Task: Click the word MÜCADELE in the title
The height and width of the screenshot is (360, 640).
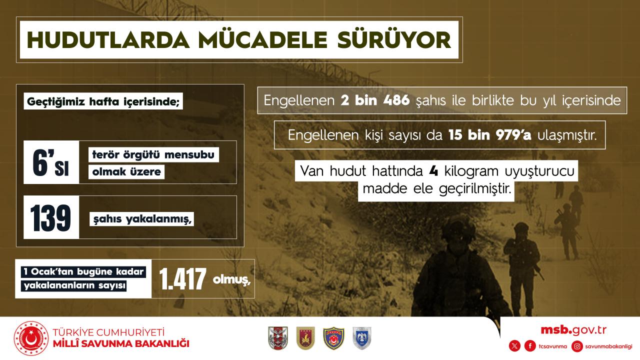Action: (262, 39)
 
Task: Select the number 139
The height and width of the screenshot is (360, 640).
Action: (50, 217)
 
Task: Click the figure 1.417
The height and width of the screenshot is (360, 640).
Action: (182, 278)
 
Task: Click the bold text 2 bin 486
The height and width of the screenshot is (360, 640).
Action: (375, 100)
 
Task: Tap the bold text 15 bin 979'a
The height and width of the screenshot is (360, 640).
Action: (489, 135)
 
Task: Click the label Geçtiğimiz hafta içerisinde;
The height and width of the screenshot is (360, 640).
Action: (103, 101)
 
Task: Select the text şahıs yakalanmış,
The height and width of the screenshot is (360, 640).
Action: (142, 219)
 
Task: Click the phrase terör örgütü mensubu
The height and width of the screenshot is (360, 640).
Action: (153, 155)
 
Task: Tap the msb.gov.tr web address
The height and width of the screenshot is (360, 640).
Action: (573, 330)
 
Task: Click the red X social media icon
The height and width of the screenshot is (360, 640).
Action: (514, 346)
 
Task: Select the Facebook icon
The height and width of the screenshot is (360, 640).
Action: (530, 346)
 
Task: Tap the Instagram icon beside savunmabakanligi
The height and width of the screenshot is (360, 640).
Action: (577, 346)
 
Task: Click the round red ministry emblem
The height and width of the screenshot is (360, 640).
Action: (31, 338)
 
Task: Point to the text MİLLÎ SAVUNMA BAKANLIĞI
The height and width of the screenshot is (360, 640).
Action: (121, 343)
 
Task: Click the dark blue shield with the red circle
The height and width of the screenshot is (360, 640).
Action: (333, 338)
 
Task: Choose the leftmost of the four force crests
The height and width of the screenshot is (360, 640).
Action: (278, 338)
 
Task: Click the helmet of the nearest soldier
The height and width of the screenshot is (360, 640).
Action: (458, 228)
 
